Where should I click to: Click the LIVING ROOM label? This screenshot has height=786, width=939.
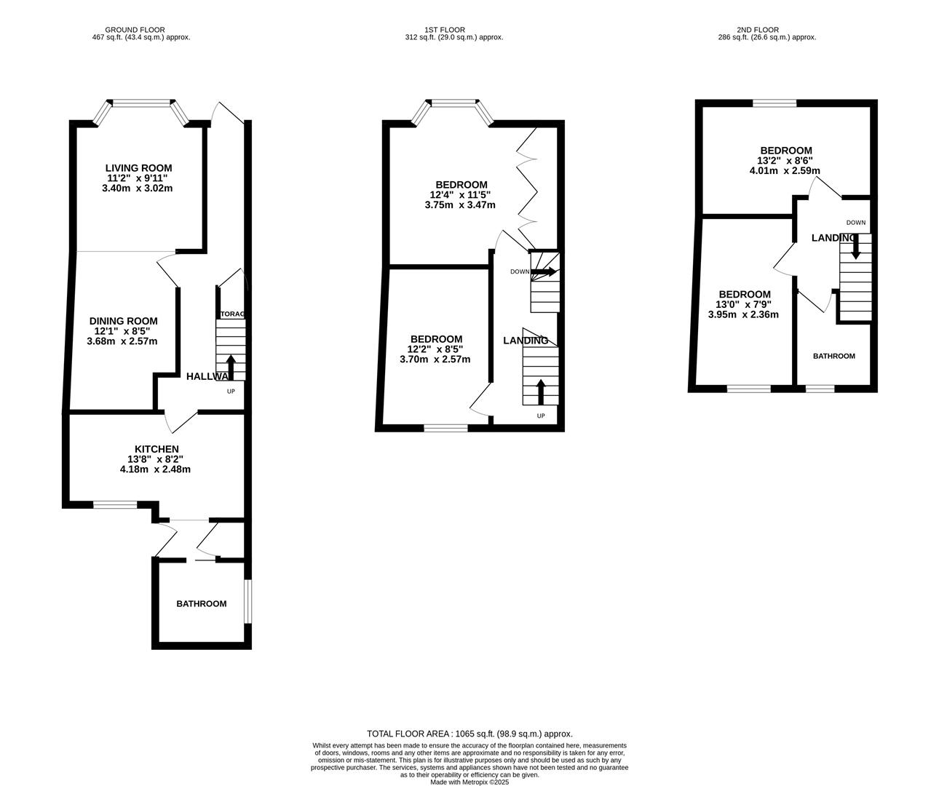139,168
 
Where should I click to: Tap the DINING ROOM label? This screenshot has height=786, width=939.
123,321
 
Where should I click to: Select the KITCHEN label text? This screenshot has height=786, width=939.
156,449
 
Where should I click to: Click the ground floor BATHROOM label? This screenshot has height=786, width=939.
201,603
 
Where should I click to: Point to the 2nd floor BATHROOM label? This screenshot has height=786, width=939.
833,356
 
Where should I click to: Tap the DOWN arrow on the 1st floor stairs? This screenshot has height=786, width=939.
543,271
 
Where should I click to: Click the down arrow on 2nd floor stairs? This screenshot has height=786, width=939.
855,246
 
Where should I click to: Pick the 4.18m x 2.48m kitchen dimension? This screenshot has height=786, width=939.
155,469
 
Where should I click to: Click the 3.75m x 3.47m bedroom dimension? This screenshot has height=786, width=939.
460,205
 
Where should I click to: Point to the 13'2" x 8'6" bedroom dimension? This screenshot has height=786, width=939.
785,161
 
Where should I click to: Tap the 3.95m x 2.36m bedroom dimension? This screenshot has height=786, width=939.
743,314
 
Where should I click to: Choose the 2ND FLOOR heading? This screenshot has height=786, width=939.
758,30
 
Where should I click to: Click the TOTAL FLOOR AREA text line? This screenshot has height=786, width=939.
469,734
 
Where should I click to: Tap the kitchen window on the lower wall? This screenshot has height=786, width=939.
115,504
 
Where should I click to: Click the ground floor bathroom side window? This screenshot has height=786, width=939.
247,601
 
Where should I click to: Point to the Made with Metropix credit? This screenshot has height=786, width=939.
469,782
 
